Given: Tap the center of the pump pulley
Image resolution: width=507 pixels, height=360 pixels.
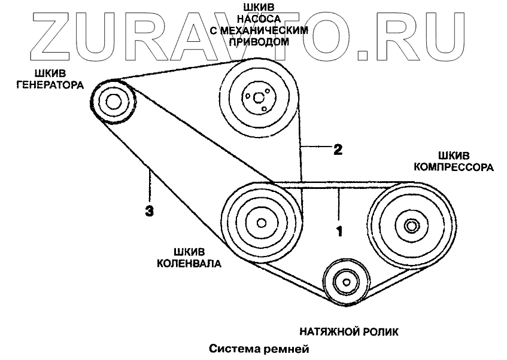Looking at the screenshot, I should click(x=258, y=97).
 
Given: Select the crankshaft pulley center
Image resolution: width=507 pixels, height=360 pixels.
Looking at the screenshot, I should click(x=261, y=223).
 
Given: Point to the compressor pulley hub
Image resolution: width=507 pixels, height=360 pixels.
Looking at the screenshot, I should click(x=411, y=226).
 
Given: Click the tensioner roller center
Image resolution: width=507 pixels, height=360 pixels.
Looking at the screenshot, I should click(x=345, y=282).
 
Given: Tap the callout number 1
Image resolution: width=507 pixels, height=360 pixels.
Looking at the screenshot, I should click(x=338, y=230).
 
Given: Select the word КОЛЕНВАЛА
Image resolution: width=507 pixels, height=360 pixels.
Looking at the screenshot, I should click(x=190, y=263).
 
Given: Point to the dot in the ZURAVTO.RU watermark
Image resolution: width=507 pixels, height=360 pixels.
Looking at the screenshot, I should click(x=363, y=56).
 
